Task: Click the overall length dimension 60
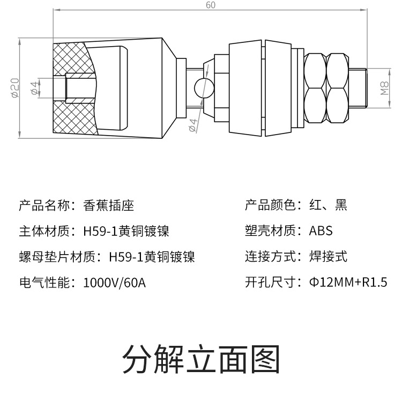[x=211, y=5]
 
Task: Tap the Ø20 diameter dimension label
[x=16, y=88]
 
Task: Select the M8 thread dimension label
[x=384, y=88]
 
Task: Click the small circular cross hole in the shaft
[x=204, y=88]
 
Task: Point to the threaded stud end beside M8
[x=358, y=88]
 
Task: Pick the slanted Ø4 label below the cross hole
[x=193, y=125]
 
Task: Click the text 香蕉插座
[x=109, y=205]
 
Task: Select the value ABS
[x=321, y=231]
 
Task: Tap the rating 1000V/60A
[x=115, y=283]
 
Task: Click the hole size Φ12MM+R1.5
[x=348, y=282]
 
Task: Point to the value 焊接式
[x=329, y=256]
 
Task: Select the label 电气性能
[x=44, y=283]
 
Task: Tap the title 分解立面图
[x=201, y=359]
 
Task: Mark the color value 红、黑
[x=329, y=205]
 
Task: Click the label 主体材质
[x=44, y=231]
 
